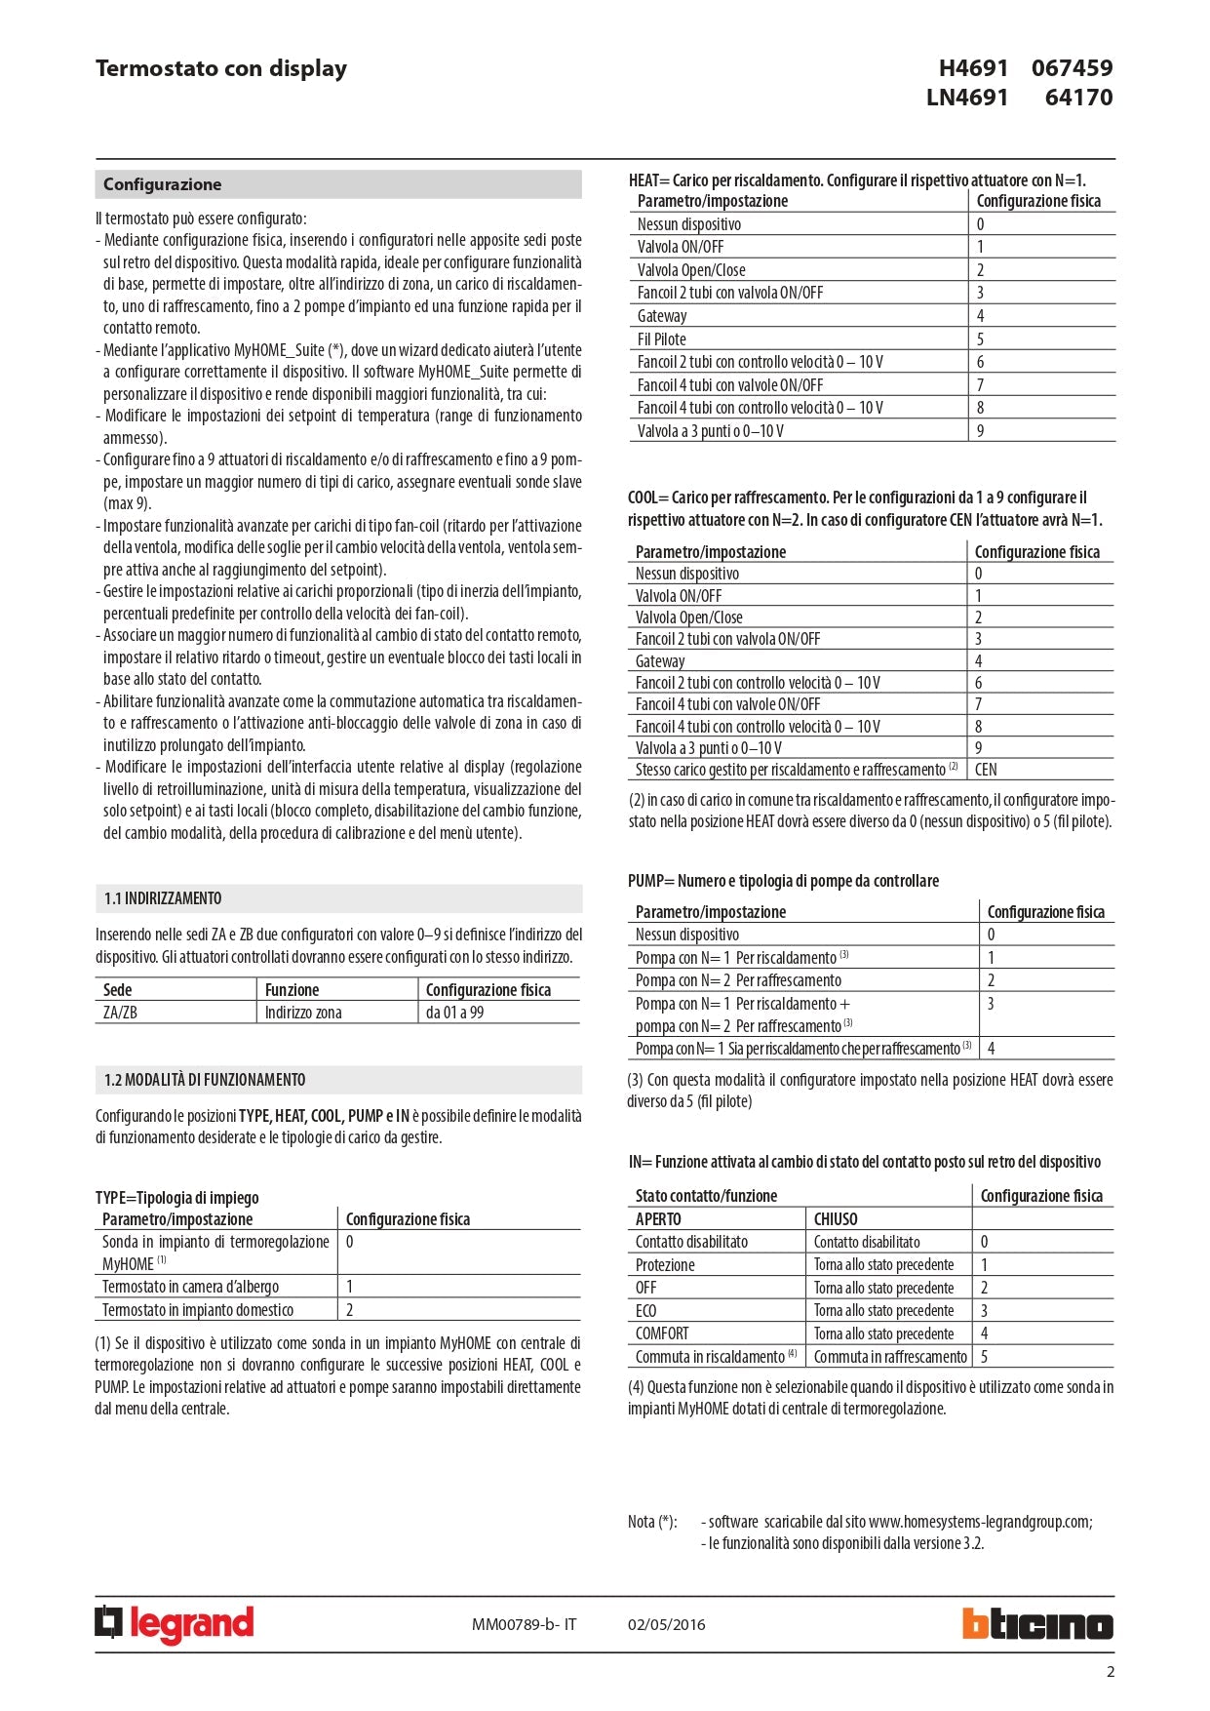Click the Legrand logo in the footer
(175, 1624)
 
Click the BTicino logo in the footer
(1037, 1624)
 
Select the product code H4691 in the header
(973, 68)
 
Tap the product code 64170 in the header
(1078, 98)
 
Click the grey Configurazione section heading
(163, 184)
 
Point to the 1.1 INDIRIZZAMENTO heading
(163, 898)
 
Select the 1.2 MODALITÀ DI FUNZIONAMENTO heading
(205, 1080)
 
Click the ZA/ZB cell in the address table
(120, 1013)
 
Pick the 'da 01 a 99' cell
(454, 1013)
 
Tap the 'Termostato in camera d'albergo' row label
(190, 1287)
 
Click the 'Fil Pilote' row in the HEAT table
(662, 339)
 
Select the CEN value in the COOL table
(986, 770)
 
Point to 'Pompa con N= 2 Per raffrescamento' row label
(738, 980)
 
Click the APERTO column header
(658, 1219)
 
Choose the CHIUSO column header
(836, 1219)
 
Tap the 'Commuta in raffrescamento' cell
(890, 1357)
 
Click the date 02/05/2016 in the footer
(666, 1624)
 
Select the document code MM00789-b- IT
(524, 1624)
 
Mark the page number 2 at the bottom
(1110, 1672)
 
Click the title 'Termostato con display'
(221, 68)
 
